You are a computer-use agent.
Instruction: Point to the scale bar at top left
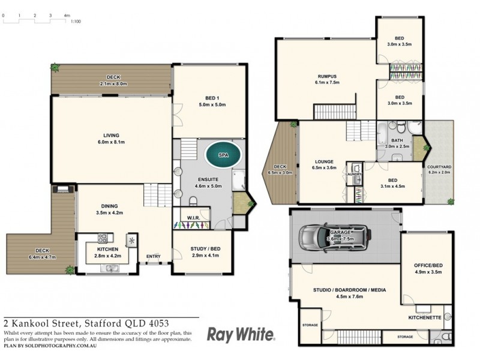point(36,20)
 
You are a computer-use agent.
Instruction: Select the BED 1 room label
point(209,101)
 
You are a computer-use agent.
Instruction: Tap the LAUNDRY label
point(354,175)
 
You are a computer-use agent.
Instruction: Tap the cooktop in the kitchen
point(101,236)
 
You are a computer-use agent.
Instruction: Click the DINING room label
point(109,208)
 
